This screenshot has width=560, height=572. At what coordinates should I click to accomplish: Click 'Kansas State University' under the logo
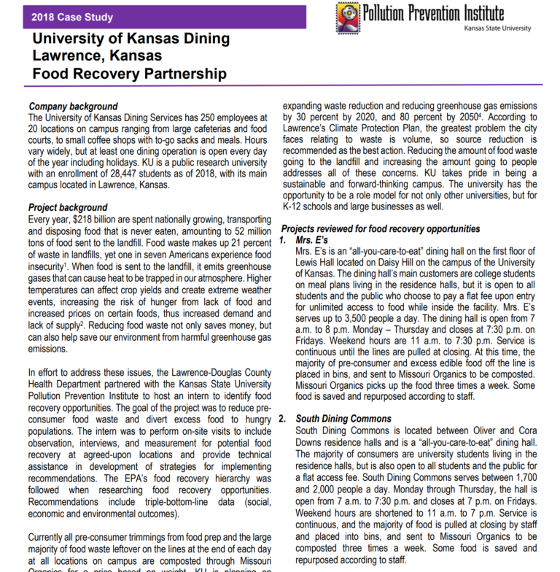(x=497, y=28)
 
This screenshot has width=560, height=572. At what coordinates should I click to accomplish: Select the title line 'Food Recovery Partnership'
(x=129, y=73)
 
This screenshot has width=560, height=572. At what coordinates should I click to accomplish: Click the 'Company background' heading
(x=73, y=106)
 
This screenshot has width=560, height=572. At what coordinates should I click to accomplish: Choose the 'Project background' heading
(x=68, y=208)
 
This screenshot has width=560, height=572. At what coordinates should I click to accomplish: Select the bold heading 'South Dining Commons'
(x=343, y=419)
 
